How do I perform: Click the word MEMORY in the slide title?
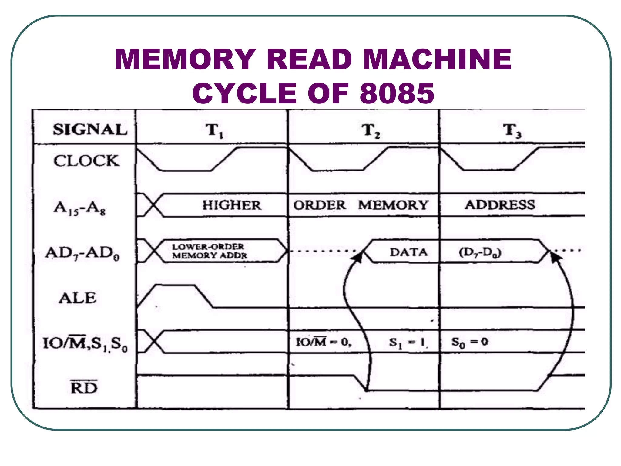point(185,59)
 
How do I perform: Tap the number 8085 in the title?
point(397,93)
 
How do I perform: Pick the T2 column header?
point(371,131)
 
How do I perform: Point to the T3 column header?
point(512,130)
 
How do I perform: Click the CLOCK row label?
point(86,161)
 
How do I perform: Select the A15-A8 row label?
point(80,208)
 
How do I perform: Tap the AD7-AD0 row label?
point(82,253)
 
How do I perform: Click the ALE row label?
point(78,298)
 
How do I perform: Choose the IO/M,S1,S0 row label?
point(85,344)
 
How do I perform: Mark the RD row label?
point(84,387)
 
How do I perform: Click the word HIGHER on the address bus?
point(232,205)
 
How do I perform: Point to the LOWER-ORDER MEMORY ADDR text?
point(209,251)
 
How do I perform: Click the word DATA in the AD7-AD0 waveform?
point(408,252)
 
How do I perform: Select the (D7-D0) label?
point(480,252)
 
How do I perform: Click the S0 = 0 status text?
point(470,343)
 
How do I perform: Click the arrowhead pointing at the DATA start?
point(358,258)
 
